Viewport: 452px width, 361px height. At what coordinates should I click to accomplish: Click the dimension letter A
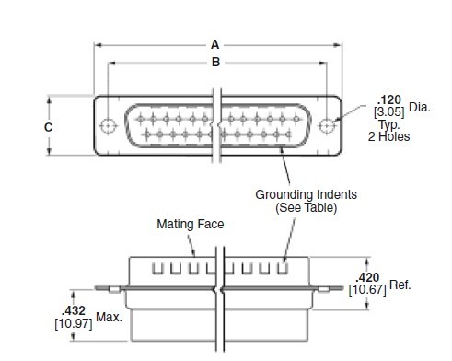pyautogui.click(x=214, y=42)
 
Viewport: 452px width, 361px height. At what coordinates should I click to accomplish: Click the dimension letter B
pyautogui.click(x=214, y=63)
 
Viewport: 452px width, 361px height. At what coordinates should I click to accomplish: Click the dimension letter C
pyautogui.click(x=48, y=126)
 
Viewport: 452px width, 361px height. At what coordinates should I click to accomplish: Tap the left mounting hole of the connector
pyautogui.click(x=108, y=125)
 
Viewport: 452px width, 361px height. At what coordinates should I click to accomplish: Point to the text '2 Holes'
pyautogui.click(x=390, y=137)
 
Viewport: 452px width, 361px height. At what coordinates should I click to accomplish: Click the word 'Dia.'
pyautogui.click(x=418, y=106)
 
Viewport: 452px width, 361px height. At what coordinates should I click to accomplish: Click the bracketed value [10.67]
pyautogui.click(x=368, y=290)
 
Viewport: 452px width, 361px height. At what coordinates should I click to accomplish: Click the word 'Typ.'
pyautogui.click(x=388, y=125)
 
